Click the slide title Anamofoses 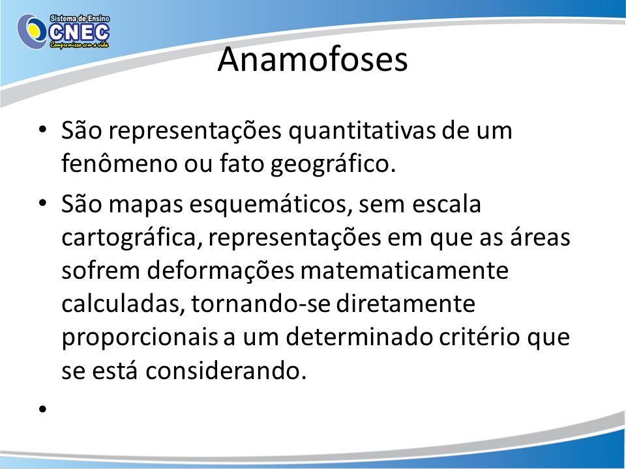(312, 59)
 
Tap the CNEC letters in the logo (79, 33)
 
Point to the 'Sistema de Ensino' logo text (80, 19)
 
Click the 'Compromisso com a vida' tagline (79, 45)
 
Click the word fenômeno (119, 163)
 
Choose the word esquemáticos (271, 205)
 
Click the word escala (446, 203)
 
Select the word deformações (220, 271)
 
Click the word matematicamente (404, 270)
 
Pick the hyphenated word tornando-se (261, 304)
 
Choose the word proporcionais (140, 337)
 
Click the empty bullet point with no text (43, 408)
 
